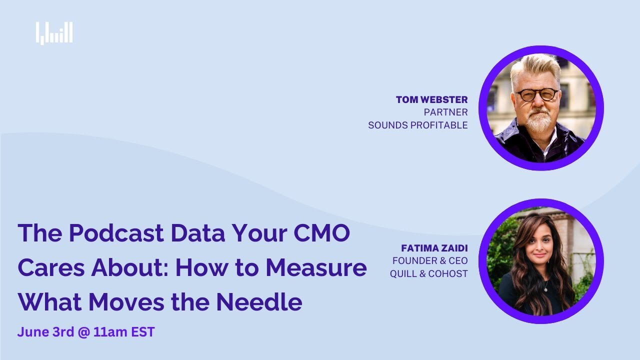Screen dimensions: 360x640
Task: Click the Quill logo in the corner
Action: point(54,33)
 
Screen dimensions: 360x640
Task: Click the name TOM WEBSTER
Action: point(431,99)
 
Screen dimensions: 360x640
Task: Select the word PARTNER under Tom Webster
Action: point(445,112)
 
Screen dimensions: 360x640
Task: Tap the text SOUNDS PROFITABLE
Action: point(417,125)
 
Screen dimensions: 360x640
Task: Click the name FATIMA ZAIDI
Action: point(434,247)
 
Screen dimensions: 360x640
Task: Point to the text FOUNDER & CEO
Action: point(430,260)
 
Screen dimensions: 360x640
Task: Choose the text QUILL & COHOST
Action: point(429,273)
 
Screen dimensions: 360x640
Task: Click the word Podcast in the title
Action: point(116,233)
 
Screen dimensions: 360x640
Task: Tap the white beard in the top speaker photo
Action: point(538,121)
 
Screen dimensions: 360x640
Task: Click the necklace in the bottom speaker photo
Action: point(545,287)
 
